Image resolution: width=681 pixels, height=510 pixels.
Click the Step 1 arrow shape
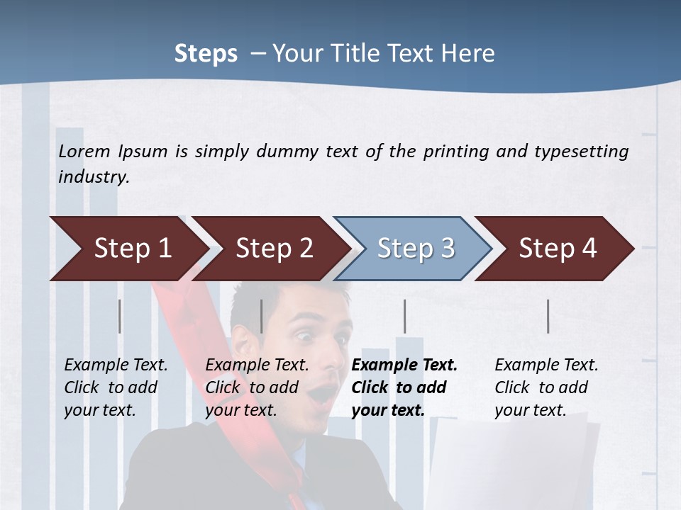click(x=128, y=249)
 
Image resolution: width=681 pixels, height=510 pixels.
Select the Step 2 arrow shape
click(x=273, y=249)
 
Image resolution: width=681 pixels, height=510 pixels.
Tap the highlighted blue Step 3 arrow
click(x=415, y=249)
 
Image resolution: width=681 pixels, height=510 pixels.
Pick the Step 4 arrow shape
click(x=557, y=249)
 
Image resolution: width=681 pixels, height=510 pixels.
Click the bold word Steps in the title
click(x=206, y=54)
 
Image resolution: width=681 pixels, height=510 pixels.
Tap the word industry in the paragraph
click(x=93, y=177)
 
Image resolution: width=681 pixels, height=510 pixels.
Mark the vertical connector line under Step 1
click(x=120, y=316)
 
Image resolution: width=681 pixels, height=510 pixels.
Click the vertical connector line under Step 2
click(x=262, y=316)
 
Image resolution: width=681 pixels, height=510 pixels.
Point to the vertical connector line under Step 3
click(x=405, y=316)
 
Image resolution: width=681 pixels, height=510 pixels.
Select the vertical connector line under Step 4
click(x=548, y=316)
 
